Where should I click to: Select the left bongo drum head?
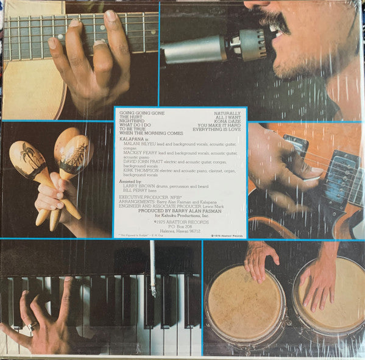pyautogui.click(x=245, y=303)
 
